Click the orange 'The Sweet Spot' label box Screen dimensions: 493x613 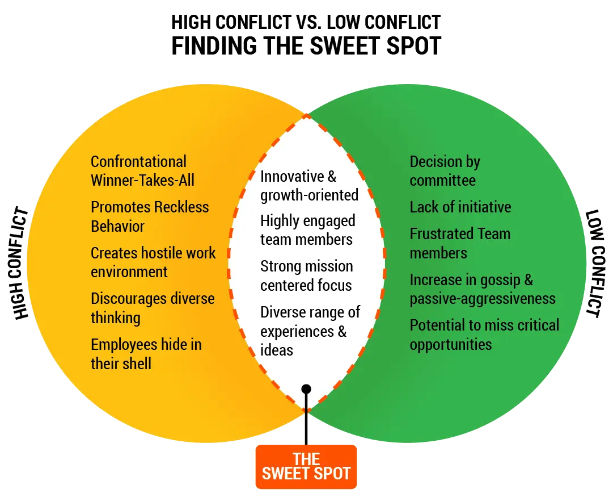coord(306,466)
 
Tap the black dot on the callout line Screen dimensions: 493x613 coord(306,389)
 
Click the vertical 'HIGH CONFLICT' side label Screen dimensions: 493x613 coord(22,265)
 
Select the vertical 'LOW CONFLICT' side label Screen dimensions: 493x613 coord(593,263)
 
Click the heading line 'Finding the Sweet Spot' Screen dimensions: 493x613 coord(307,45)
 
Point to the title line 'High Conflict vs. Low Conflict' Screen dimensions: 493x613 coord(307,23)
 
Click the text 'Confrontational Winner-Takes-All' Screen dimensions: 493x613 coord(142,171)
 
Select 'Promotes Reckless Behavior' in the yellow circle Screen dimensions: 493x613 coord(150,216)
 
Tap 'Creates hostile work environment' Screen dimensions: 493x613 coord(153,262)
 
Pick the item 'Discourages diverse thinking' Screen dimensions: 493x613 coord(153,307)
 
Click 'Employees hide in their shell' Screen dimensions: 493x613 coord(146,353)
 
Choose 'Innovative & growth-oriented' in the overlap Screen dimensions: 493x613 coord(309,186)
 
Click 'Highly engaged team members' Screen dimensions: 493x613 coord(307,230)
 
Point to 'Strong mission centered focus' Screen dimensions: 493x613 coord(306,275)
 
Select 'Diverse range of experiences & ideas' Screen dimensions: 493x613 coord(310,331)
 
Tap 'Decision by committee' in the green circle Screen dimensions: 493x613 coord(445,171)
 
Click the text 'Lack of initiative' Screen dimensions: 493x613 coord(460,207)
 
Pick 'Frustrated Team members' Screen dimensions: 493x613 coord(460,243)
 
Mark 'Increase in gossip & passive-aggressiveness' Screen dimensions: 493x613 coord(482,289)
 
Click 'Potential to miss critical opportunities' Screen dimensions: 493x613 coord(484,335)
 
